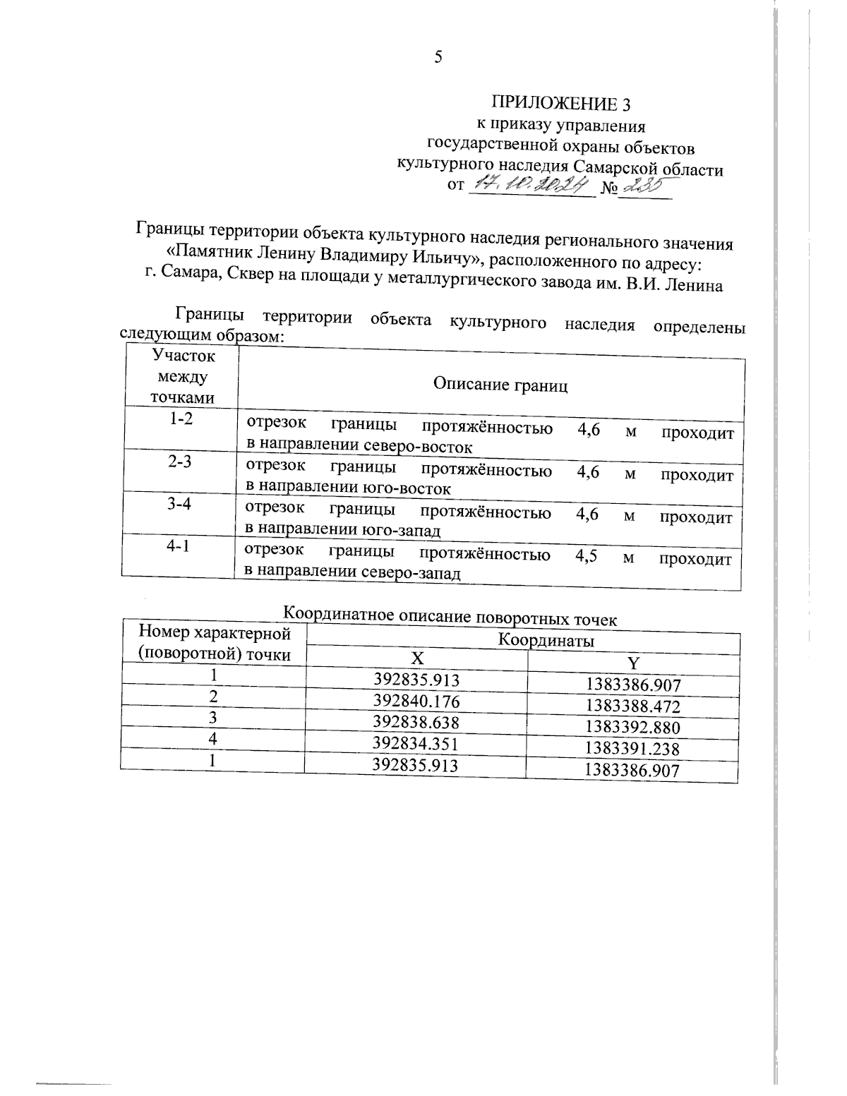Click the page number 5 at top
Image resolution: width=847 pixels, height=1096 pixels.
pyautogui.click(x=438, y=58)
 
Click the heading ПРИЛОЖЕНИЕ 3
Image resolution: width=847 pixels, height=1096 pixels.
pyautogui.click(x=560, y=104)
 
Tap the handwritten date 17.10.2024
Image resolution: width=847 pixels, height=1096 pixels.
pyautogui.click(x=530, y=186)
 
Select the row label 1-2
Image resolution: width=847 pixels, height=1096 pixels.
pyautogui.click(x=181, y=418)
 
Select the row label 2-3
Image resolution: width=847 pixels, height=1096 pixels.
pyautogui.click(x=181, y=461)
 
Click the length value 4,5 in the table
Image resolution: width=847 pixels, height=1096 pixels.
pyautogui.click(x=587, y=555)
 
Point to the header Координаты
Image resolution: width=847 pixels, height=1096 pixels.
pyautogui.click(x=546, y=640)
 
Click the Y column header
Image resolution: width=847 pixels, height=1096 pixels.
pyautogui.click(x=633, y=663)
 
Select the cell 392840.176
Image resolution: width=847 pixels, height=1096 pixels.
pyautogui.click(x=416, y=701)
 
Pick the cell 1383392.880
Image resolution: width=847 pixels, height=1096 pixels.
pyautogui.click(x=632, y=728)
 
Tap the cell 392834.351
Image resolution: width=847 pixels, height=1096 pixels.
pyautogui.click(x=416, y=744)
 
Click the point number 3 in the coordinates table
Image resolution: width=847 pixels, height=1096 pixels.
pyautogui.click(x=212, y=717)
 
